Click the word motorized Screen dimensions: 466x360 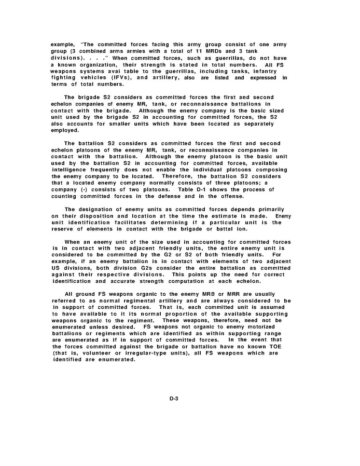pyautogui.click(x=266, y=327)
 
